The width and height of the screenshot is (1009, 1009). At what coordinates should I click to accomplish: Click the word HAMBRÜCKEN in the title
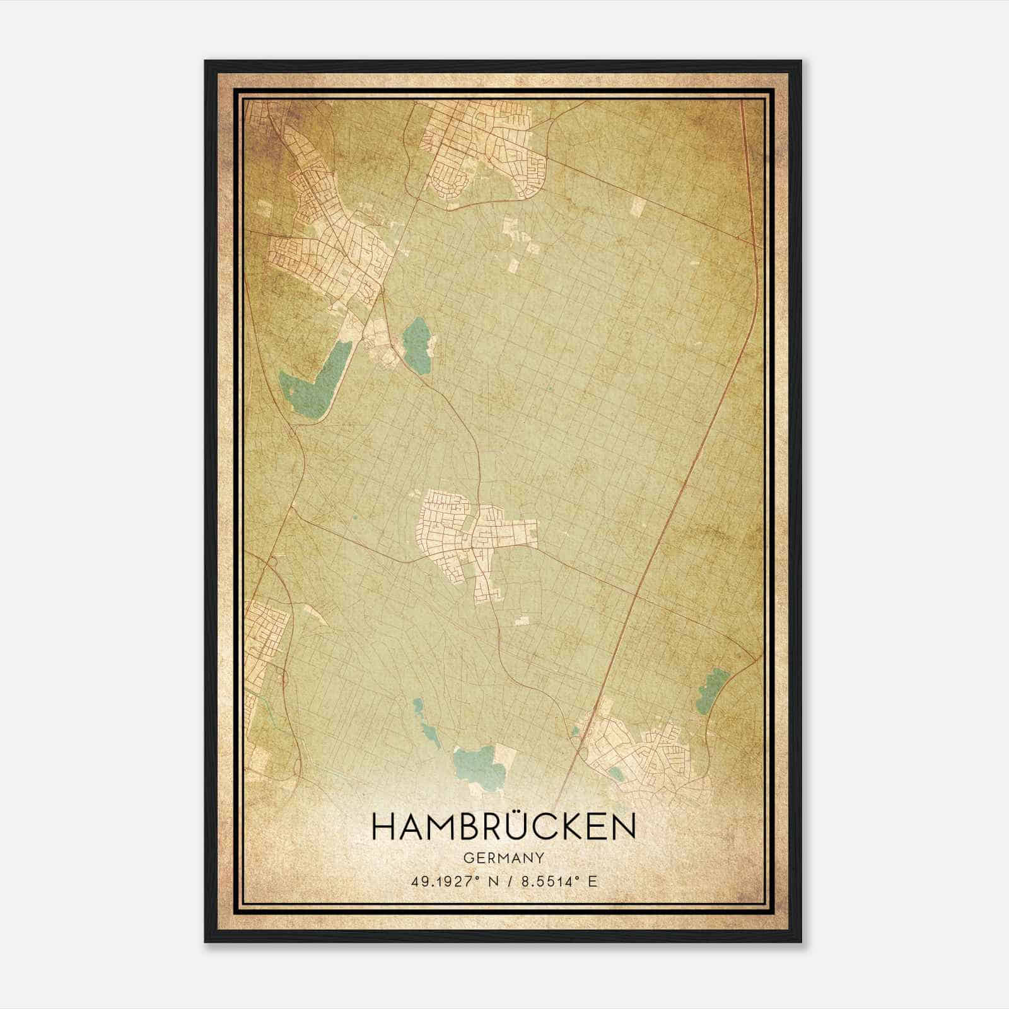coord(504,827)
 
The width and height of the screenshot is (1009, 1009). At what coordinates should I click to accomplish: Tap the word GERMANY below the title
coord(504,858)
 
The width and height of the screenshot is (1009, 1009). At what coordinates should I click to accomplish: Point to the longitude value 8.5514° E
coord(558,881)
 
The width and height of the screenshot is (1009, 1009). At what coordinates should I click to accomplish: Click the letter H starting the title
coord(382,827)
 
